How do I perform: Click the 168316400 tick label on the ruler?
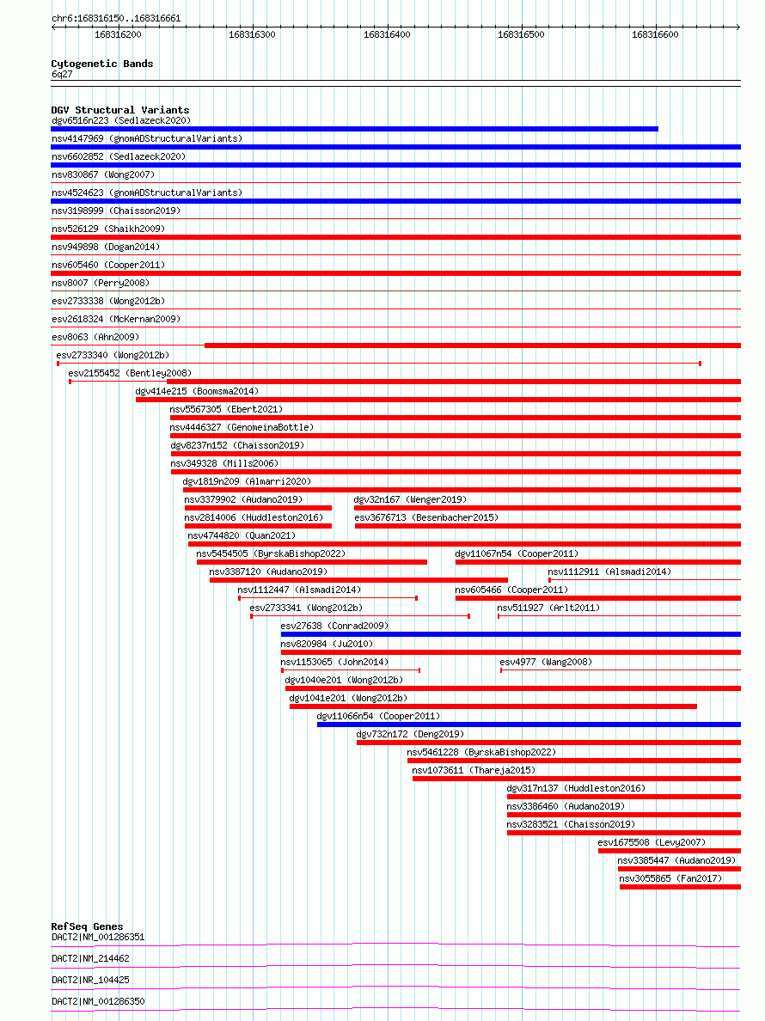387,35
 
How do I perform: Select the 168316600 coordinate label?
655,35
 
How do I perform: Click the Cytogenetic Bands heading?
102,64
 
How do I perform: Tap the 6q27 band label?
62,75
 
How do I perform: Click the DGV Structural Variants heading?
120,110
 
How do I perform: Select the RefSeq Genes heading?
87,926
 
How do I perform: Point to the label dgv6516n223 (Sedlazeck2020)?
120,121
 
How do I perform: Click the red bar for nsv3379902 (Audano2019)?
258,508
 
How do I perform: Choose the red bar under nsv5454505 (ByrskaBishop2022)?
311,562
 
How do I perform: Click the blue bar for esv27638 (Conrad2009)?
511,634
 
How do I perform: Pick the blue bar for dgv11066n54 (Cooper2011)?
529,724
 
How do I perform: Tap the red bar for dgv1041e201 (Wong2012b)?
493,706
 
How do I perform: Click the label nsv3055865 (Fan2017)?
670,878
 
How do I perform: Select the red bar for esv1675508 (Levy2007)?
669,851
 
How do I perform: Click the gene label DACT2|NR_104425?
90,980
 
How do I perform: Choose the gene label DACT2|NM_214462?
90,958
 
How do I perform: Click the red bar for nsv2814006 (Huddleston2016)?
258,526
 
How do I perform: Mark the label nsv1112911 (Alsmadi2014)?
609,572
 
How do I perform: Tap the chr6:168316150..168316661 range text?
116,18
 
